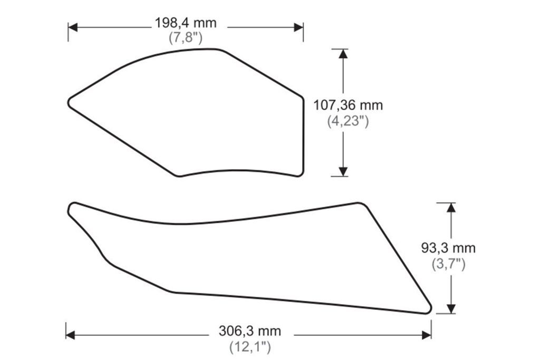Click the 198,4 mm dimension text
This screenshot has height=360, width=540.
pos(186,23)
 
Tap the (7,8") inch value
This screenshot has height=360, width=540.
pos(186,37)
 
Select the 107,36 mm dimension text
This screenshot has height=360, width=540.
pos(348,105)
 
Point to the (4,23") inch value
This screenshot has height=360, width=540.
pos(348,121)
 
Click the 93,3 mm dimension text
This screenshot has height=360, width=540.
pos(448,248)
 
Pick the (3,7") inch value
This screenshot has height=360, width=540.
pos(448,264)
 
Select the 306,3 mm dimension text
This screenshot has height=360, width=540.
pos(250,331)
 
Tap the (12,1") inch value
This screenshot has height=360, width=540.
pos(250,347)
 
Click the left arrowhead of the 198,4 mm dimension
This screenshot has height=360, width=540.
pos(73,27)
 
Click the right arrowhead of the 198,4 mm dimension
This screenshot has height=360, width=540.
pos(298,27)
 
